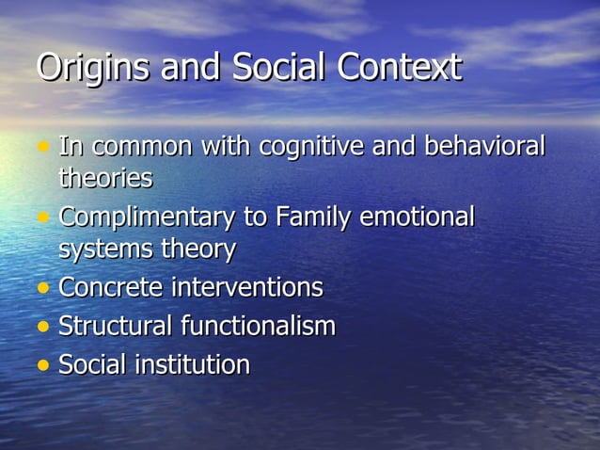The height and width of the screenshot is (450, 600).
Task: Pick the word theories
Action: [x=105, y=177]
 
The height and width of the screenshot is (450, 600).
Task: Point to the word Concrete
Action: [x=110, y=287]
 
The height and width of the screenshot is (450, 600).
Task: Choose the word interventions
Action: [x=246, y=287]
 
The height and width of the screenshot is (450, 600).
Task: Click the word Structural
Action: [x=116, y=326]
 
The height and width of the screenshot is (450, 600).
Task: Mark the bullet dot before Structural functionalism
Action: [x=43, y=328]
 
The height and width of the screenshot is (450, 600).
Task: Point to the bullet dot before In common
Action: [x=43, y=149]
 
